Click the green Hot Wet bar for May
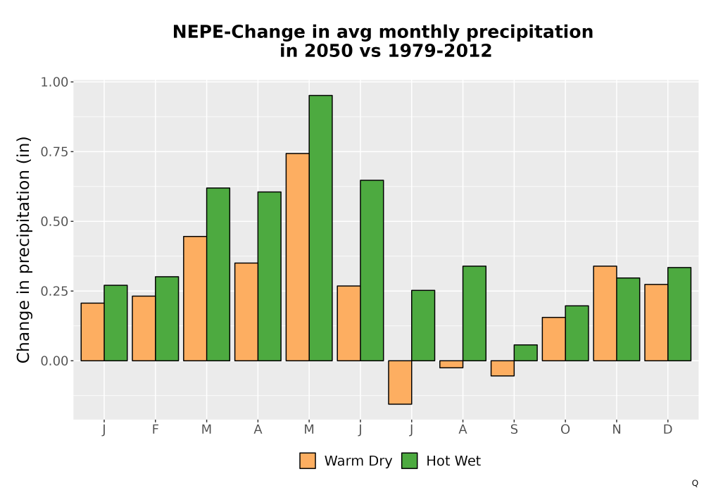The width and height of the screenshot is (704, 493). click(x=320, y=228)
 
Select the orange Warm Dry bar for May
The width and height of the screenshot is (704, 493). click(x=297, y=257)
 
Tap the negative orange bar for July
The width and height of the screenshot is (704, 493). click(x=400, y=382)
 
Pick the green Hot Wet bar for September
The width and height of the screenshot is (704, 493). click(x=525, y=353)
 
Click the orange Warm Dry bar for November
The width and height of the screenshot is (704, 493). click(x=605, y=313)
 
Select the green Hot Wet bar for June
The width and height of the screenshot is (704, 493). click(x=372, y=270)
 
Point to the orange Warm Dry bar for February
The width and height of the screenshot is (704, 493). click(x=144, y=328)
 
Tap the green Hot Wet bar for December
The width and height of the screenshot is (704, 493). click(x=679, y=314)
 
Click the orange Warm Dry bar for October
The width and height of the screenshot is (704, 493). click(x=553, y=339)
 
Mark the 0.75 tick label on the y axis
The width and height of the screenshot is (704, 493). click(x=54, y=151)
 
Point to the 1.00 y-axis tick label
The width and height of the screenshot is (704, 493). click(x=54, y=82)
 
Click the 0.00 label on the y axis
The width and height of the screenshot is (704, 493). click(x=54, y=361)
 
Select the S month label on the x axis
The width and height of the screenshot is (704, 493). click(x=514, y=430)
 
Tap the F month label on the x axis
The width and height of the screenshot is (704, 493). click(x=156, y=430)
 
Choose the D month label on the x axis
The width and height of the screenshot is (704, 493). click(x=667, y=430)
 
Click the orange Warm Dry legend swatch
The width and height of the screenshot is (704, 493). click(x=308, y=461)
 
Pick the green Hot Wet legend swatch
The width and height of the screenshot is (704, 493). click(x=409, y=461)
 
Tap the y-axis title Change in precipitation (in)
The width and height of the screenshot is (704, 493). click(x=23, y=249)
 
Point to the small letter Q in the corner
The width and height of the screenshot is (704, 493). click(x=695, y=483)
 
